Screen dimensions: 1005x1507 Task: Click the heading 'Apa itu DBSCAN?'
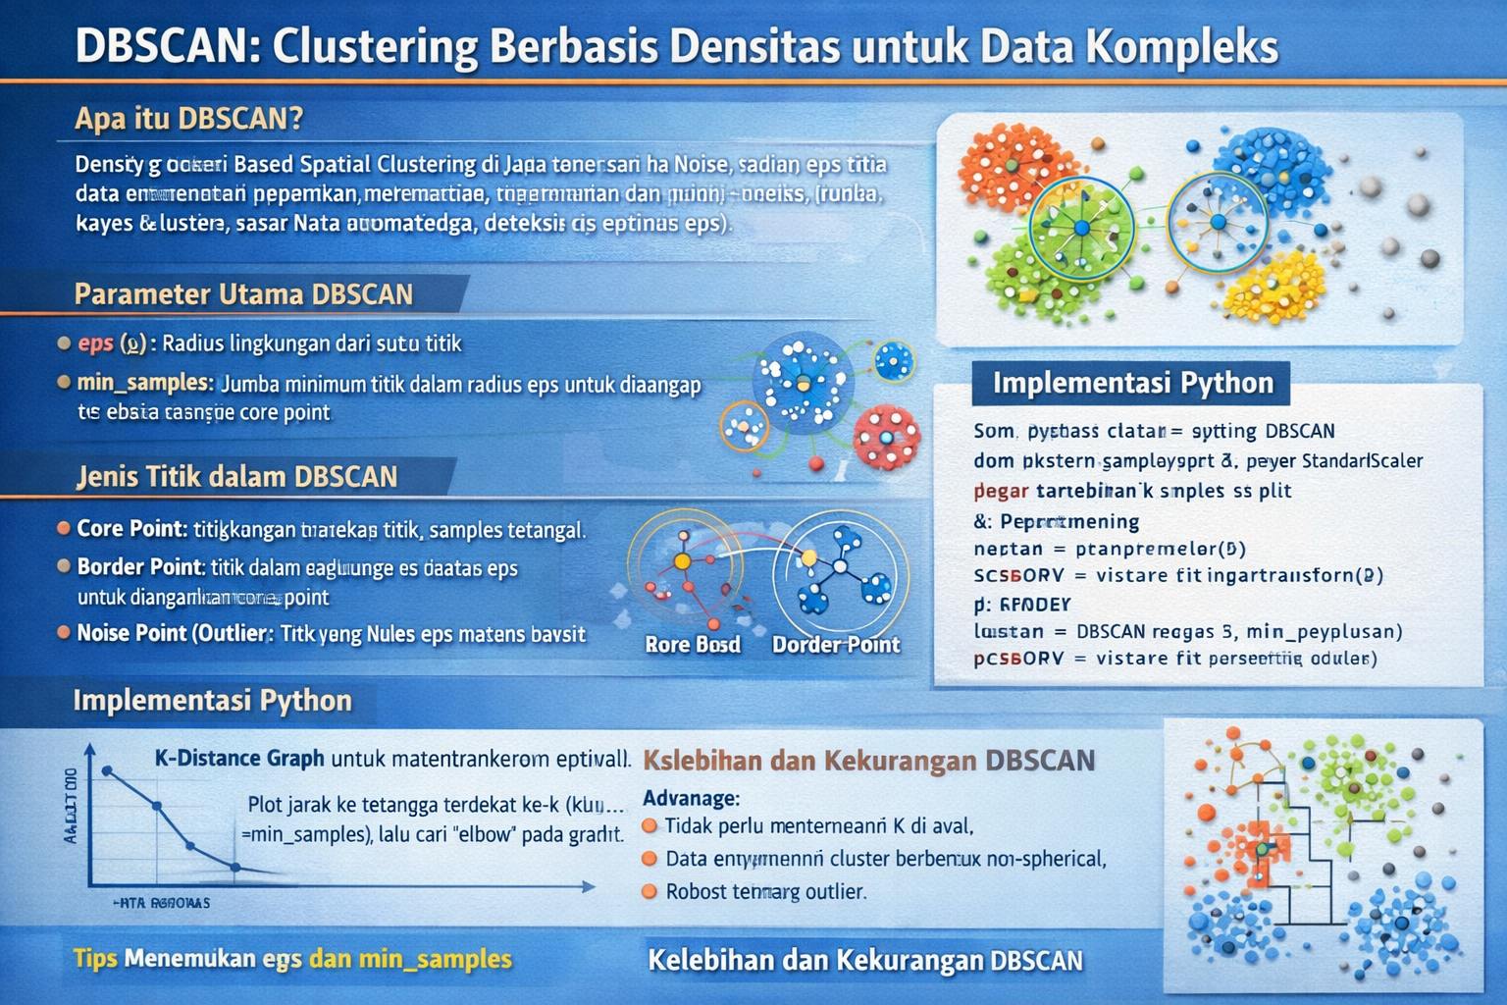pyautogui.click(x=188, y=119)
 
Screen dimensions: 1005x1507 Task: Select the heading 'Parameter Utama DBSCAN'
pyautogui.click(x=243, y=294)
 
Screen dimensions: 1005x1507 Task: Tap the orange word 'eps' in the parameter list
pyautogui.click(x=96, y=344)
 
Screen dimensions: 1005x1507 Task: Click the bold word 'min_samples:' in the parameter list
pyautogui.click(x=145, y=383)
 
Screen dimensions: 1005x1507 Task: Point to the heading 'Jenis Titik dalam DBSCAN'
pyautogui.click(x=236, y=477)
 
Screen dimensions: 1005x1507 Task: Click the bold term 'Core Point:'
pyautogui.click(x=131, y=529)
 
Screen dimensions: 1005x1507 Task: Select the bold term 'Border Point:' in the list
pyautogui.click(x=140, y=567)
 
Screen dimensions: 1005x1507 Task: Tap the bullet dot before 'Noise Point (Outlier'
pyautogui.click(x=64, y=633)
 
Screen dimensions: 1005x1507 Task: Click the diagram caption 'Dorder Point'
pyautogui.click(x=835, y=645)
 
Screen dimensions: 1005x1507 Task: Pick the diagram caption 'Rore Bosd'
pyautogui.click(x=693, y=645)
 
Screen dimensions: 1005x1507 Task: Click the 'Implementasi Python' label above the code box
pyautogui.click(x=1132, y=383)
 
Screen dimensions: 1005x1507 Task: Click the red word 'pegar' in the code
pyautogui.click(x=1001, y=491)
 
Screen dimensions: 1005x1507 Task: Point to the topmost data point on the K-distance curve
pyautogui.click(x=107, y=770)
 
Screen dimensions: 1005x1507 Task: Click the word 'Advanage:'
pyautogui.click(x=691, y=799)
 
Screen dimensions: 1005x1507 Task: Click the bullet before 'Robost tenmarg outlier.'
pyautogui.click(x=649, y=892)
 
